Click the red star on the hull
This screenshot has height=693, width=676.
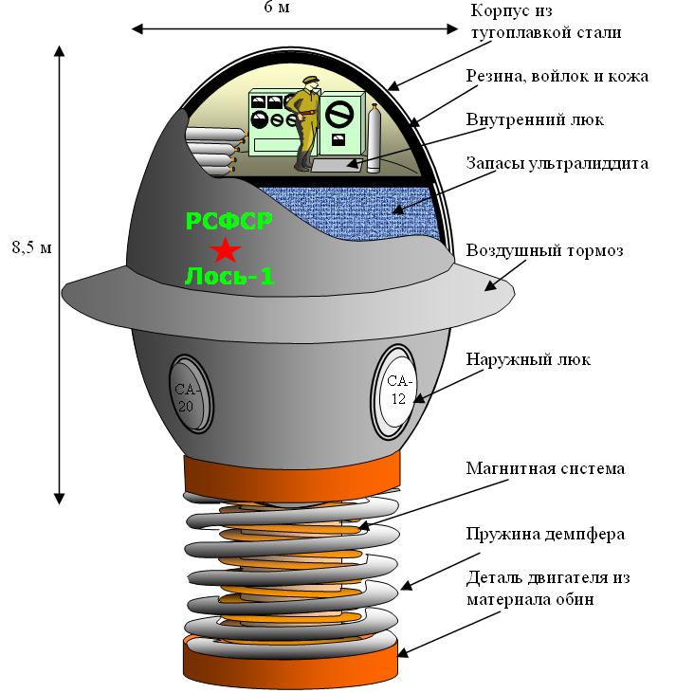pos(226,249)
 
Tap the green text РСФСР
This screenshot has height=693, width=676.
pos(229,222)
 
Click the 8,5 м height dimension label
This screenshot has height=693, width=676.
pos(30,248)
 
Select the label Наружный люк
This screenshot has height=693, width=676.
pos(529,359)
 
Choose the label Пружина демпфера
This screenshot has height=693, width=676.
pos(545,534)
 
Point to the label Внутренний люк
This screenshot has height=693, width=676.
pos(535,120)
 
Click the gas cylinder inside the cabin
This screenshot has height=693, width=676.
pos(374,139)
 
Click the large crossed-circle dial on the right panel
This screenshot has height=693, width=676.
pos(338,114)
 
